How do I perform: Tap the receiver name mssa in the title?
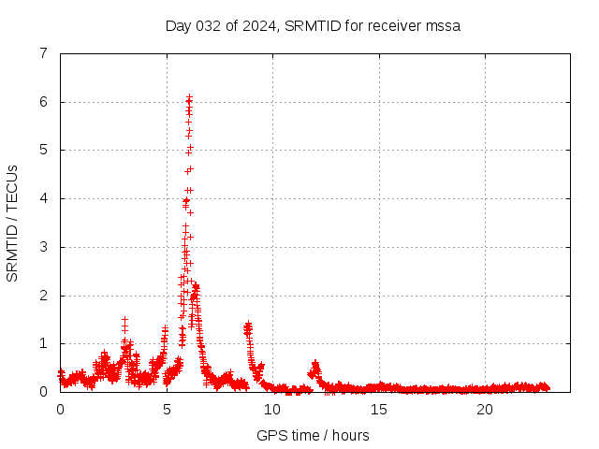point(443,26)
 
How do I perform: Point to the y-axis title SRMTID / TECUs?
point(13,223)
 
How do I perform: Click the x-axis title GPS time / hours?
point(313,436)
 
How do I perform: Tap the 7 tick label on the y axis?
point(43,53)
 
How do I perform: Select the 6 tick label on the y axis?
point(43,102)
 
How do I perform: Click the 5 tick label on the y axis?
point(43,150)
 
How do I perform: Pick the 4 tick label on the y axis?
point(43,198)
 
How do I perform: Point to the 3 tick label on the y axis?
point(43,247)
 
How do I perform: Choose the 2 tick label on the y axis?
point(43,296)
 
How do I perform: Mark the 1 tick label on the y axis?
point(43,343)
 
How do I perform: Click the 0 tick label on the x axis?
point(61,410)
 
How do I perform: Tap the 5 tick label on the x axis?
point(167,410)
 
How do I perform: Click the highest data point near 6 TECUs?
point(189,97)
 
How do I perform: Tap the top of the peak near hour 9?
point(247,325)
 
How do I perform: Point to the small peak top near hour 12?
point(315,362)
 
